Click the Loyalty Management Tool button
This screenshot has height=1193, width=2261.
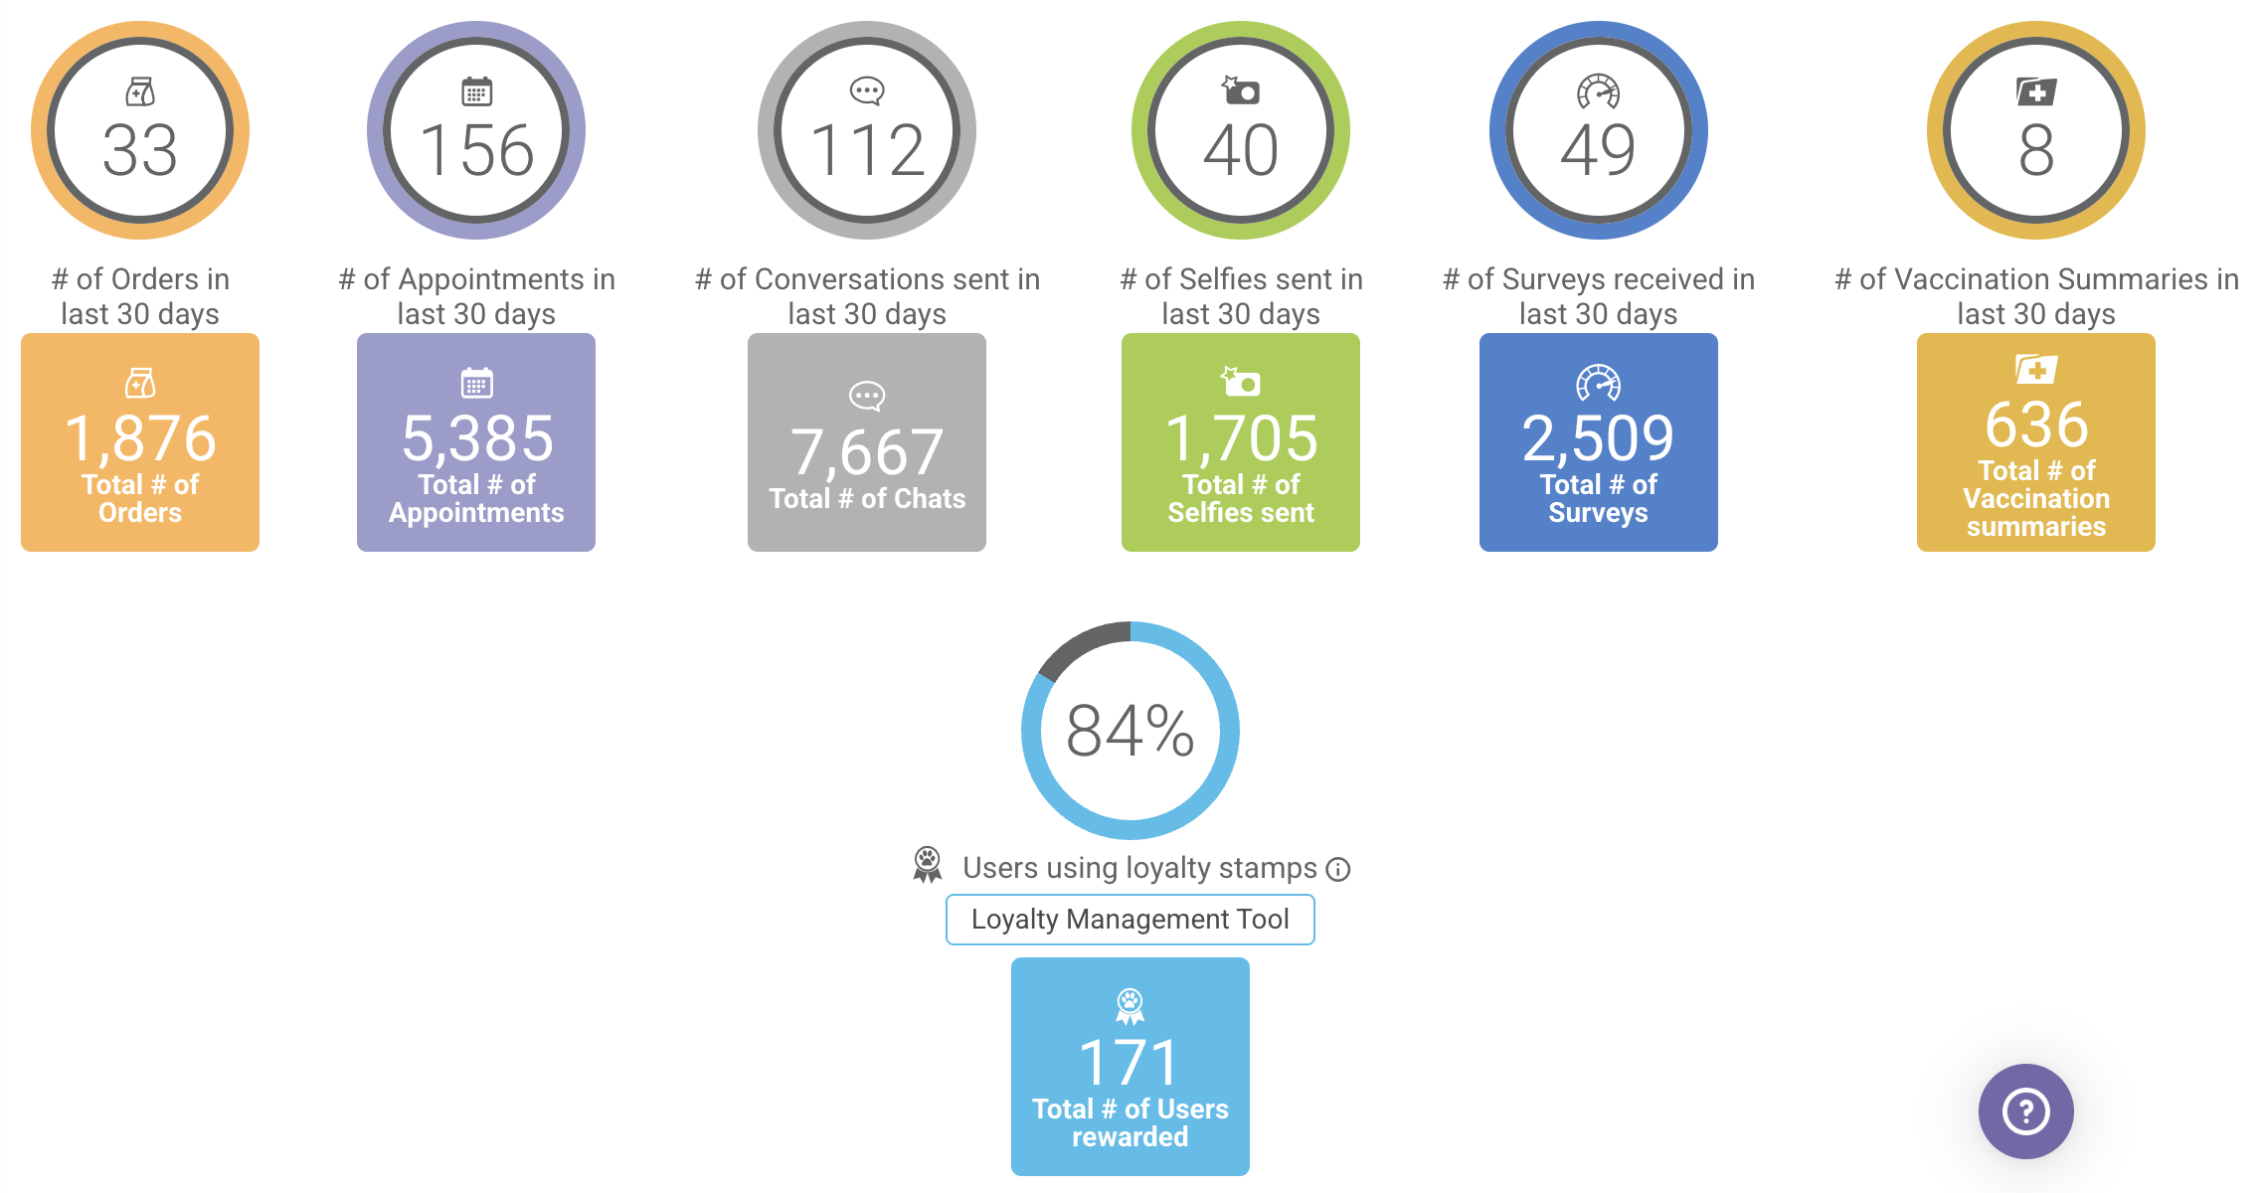point(1130,920)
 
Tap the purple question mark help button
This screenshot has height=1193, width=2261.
point(2025,1111)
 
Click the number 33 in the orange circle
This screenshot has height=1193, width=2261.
point(140,151)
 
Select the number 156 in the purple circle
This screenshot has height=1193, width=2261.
point(476,151)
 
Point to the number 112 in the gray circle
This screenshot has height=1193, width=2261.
point(867,151)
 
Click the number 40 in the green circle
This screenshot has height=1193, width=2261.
point(1241,151)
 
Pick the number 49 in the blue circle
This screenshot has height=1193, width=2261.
point(1598,151)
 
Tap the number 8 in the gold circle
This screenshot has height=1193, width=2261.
point(2036,151)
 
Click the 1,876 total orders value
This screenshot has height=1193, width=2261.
point(140,438)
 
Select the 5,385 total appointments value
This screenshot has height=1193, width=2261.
point(477,438)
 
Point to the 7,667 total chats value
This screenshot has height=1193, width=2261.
point(867,452)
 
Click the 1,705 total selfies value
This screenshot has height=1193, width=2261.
point(1241,438)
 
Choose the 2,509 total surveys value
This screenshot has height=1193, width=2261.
point(1599,438)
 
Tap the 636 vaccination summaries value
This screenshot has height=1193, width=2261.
point(2036,425)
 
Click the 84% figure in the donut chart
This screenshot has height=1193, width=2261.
point(1130,732)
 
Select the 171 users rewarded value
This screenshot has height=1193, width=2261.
point(1130,1062)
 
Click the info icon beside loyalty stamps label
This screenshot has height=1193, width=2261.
point(1339,870)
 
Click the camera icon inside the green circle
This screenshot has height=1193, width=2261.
point(1241,90)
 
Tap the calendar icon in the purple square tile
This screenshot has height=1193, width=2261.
point(476,383)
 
